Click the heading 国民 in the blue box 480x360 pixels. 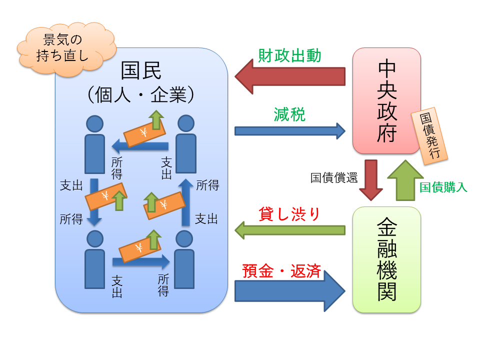click(141, 71)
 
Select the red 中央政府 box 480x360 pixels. click(386, 100)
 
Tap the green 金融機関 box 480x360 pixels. click(386, 259)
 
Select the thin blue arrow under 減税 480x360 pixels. click(289, 131)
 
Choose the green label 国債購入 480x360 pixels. click(443, 187)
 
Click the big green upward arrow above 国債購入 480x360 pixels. click(405, 180)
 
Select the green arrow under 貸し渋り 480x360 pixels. click(289, 230)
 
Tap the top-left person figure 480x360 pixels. click(95, 144)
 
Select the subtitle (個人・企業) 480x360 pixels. click(141, 93)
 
